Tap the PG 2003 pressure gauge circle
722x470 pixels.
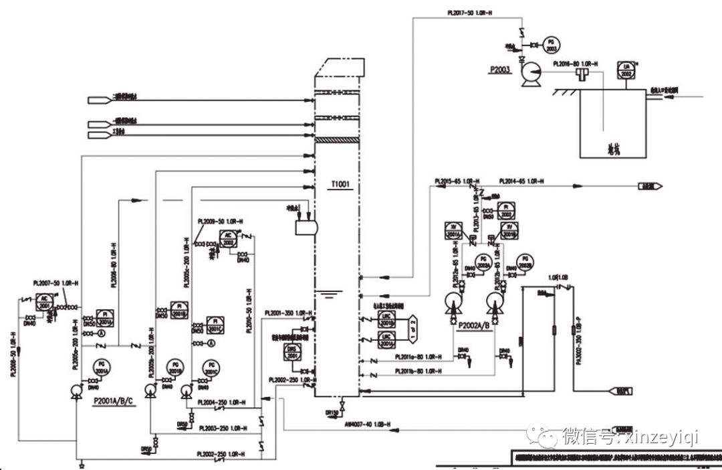click(552, 45)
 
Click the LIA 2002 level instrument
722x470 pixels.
click(626, 70)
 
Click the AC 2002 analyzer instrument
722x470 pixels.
click(228, 238)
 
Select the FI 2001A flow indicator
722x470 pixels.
click(105, 316)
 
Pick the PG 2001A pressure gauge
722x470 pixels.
click(102, 366)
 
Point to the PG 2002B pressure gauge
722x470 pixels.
click(526, 262)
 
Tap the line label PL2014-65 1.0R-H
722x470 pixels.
click(521, 181)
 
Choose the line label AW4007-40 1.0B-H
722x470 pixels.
click(367, 424)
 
